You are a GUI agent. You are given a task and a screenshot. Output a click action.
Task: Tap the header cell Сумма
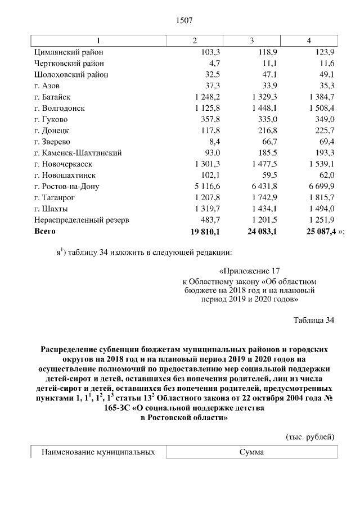point(251,452)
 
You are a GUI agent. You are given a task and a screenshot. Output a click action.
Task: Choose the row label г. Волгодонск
point(59,108)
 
